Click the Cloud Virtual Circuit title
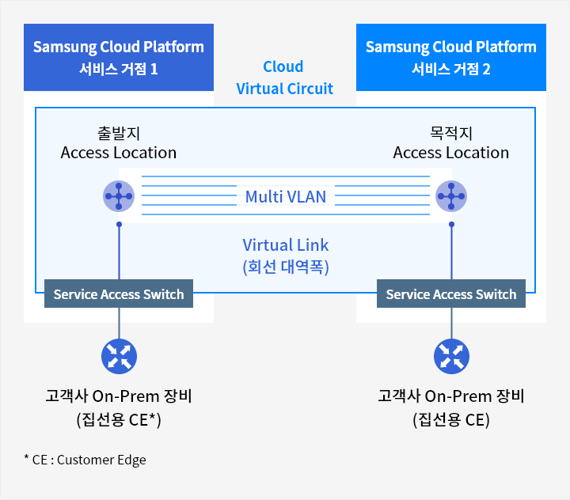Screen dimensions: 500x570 (285, 78)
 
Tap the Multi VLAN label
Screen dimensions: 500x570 (286, 196)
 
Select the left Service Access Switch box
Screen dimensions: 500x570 (119, 294)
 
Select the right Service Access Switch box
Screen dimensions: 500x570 (451, 294)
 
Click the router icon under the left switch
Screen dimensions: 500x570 (119, 356)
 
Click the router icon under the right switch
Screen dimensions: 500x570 (451, 356)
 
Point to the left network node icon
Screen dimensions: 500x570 (119, 196)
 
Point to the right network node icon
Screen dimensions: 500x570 (451, 196)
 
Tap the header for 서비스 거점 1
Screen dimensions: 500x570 (119, 57)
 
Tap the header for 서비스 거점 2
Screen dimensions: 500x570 (451, 57)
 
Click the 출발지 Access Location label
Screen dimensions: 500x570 (119, 142)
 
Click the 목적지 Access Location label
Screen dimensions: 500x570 (451, 142)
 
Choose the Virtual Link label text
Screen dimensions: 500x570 (286, 244)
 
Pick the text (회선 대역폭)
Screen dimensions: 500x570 (286, 267)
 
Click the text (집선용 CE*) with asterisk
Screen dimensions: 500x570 (119, 420)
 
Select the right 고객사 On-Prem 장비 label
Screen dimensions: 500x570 (451, 396)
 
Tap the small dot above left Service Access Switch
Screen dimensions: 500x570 (119, 225)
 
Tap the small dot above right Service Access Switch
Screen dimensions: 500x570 (451, 225)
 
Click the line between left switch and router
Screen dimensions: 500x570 (119, 323)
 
